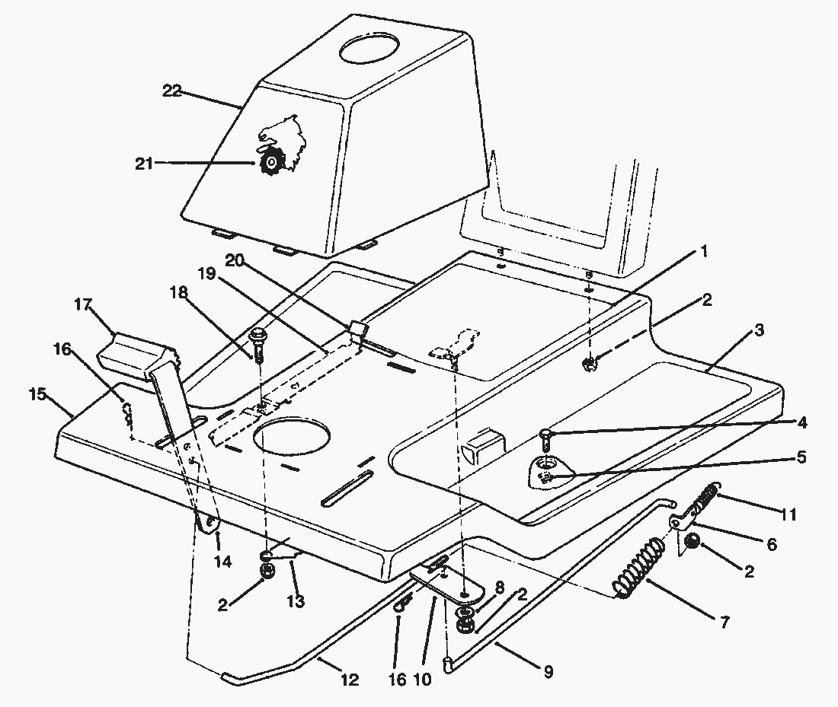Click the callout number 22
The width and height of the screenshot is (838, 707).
(x=172, y=91)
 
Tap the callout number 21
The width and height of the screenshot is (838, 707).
(x=143, y=164)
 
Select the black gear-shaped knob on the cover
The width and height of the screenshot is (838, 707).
(x=271, y=162)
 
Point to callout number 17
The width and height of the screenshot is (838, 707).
(x=83, y=306)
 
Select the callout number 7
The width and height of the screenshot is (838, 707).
(x=724, y=622)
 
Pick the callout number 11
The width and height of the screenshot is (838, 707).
(x=788, y=514)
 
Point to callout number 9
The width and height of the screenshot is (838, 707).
(x=549, y=671)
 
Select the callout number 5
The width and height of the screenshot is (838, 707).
(x=801, y=457)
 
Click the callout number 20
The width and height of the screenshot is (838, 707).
(x=235, y=261)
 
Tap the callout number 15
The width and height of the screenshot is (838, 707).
(x=37, y=396)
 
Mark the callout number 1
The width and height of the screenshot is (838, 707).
(x=704, y=250)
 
